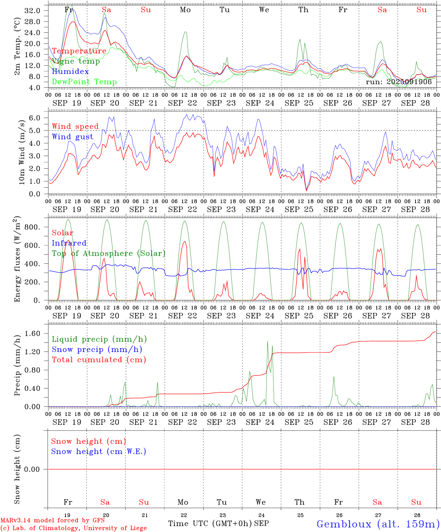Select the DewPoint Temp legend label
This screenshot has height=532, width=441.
[x=84, y=82]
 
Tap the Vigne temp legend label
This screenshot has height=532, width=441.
[x=76, y=61]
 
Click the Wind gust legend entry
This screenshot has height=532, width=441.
[x=72, y=137]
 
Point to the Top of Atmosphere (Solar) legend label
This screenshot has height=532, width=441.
[x=108, y=253]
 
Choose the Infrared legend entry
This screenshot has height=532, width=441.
[x=69, y=243]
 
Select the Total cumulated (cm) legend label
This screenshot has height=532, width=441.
[x=99, y=359]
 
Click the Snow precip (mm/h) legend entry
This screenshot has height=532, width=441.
[x=97, y=349]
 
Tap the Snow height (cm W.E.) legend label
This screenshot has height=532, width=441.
[x=99, y=451]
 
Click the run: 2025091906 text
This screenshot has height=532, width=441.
[x=399, y=82]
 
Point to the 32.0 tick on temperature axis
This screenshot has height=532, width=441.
[x=32, y=11]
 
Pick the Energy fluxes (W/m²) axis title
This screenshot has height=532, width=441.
[x=17, y=260]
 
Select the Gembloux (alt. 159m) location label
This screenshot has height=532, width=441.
[x=378, y=524]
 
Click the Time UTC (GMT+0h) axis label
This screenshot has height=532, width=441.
[x=210, y=524]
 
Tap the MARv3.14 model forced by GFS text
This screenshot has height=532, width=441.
[x=52, y=520]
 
